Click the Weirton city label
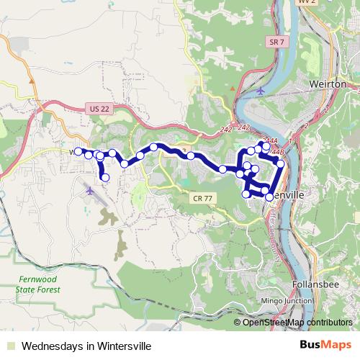pos(328,84)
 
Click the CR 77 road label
pos(203,197)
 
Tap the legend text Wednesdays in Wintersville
pos(86,346)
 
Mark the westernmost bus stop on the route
pos(78,151)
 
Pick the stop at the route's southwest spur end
pos(105,177)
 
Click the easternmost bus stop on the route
pos(281,164)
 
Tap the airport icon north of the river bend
pos(260,91)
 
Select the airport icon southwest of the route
pos(89,192)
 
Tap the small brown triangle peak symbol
pos(233,89)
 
